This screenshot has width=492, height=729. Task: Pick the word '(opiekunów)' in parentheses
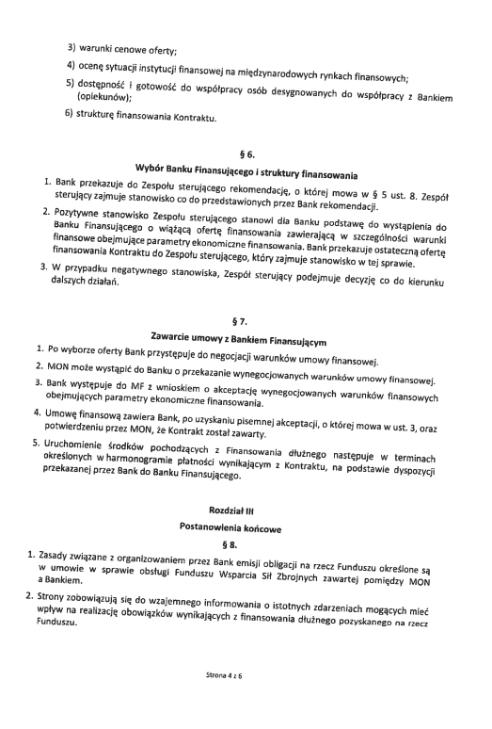[103, 96]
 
